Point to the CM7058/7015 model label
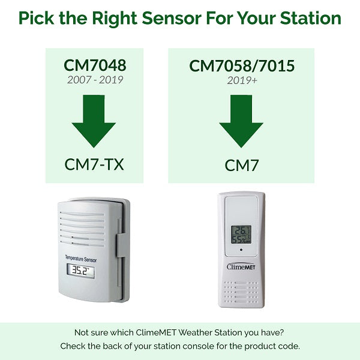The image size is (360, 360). [x=242, y=65]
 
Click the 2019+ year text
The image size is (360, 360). [x=242, y=79]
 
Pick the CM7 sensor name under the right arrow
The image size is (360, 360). [x=242, y=164]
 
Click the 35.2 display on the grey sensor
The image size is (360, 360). [x=80, y=271]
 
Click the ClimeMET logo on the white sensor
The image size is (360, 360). [x=242, y=266]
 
